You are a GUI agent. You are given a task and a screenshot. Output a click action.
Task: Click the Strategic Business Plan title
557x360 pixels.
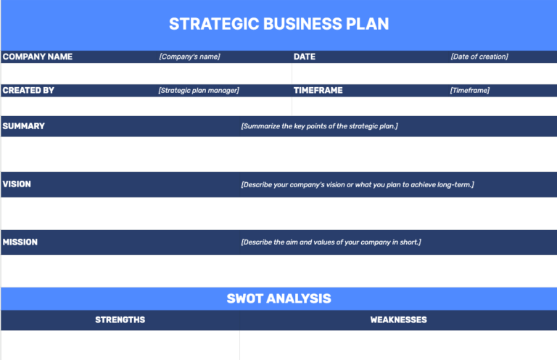click(278, 24)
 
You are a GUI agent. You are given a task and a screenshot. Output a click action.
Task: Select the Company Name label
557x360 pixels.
click(38, 57)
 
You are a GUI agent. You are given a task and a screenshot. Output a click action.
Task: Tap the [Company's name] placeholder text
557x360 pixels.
click(189, 57)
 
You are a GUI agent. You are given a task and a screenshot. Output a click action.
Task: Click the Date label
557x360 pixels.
click(305, 57)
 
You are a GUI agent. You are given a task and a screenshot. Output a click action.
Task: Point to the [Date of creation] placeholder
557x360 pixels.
click(479, 57)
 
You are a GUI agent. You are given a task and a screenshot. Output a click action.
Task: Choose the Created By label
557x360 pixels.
click(28, 91)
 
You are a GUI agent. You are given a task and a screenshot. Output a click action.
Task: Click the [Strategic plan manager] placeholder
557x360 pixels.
click(199, 91)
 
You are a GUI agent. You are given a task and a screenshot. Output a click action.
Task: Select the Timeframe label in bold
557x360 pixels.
click(318, 91)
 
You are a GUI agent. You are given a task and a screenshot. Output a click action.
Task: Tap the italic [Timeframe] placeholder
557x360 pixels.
click(469, 91)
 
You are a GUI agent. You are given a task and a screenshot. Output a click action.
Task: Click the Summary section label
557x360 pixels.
click(23, 126)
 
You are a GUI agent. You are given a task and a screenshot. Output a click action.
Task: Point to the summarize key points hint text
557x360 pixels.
click(319, 126)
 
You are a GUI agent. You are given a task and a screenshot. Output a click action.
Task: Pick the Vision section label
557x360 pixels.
click(17, 184)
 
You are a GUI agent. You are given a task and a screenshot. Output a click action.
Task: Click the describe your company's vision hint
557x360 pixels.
click(357, 184)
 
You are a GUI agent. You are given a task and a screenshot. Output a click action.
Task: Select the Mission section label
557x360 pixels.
click(20, 242)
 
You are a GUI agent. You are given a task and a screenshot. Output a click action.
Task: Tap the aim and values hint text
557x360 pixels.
click(331, 242)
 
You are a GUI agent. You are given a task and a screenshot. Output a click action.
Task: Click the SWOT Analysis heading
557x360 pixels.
click(278, 298)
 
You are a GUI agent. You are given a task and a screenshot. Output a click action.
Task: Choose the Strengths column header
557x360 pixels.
click(120, 320)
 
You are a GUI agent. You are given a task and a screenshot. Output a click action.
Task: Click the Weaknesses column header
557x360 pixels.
click(398, 320)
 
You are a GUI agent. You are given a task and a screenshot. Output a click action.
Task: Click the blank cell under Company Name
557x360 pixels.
click(145, 73)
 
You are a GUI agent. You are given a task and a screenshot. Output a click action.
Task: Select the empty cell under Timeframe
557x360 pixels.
click(424, 107)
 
